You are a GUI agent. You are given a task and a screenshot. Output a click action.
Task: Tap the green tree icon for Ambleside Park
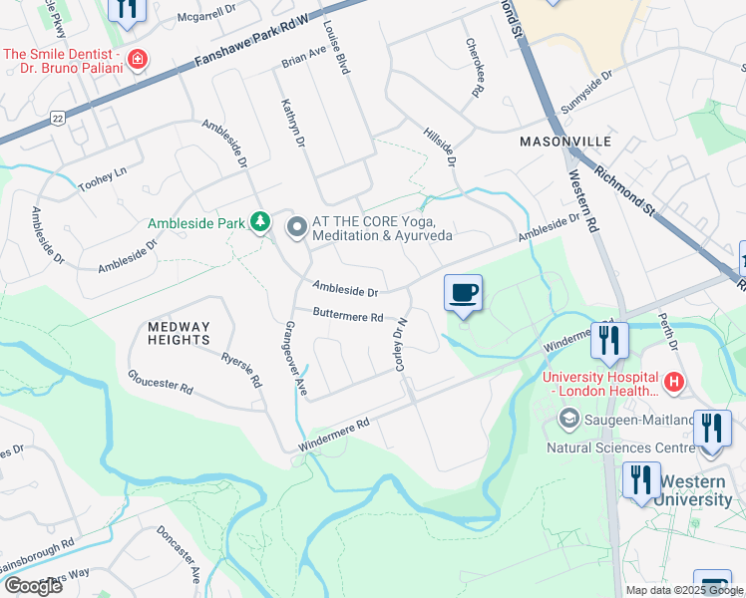260,221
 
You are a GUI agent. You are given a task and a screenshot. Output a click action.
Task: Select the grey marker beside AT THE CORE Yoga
296,228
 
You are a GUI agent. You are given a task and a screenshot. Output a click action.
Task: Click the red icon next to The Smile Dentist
138,60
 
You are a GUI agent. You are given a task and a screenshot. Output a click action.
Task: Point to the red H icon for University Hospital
674,380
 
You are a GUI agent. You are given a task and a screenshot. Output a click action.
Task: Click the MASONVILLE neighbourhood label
558,143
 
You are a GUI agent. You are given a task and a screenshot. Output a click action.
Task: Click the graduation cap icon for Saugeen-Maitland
568,420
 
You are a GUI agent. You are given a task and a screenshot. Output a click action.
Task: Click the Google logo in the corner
32,585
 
